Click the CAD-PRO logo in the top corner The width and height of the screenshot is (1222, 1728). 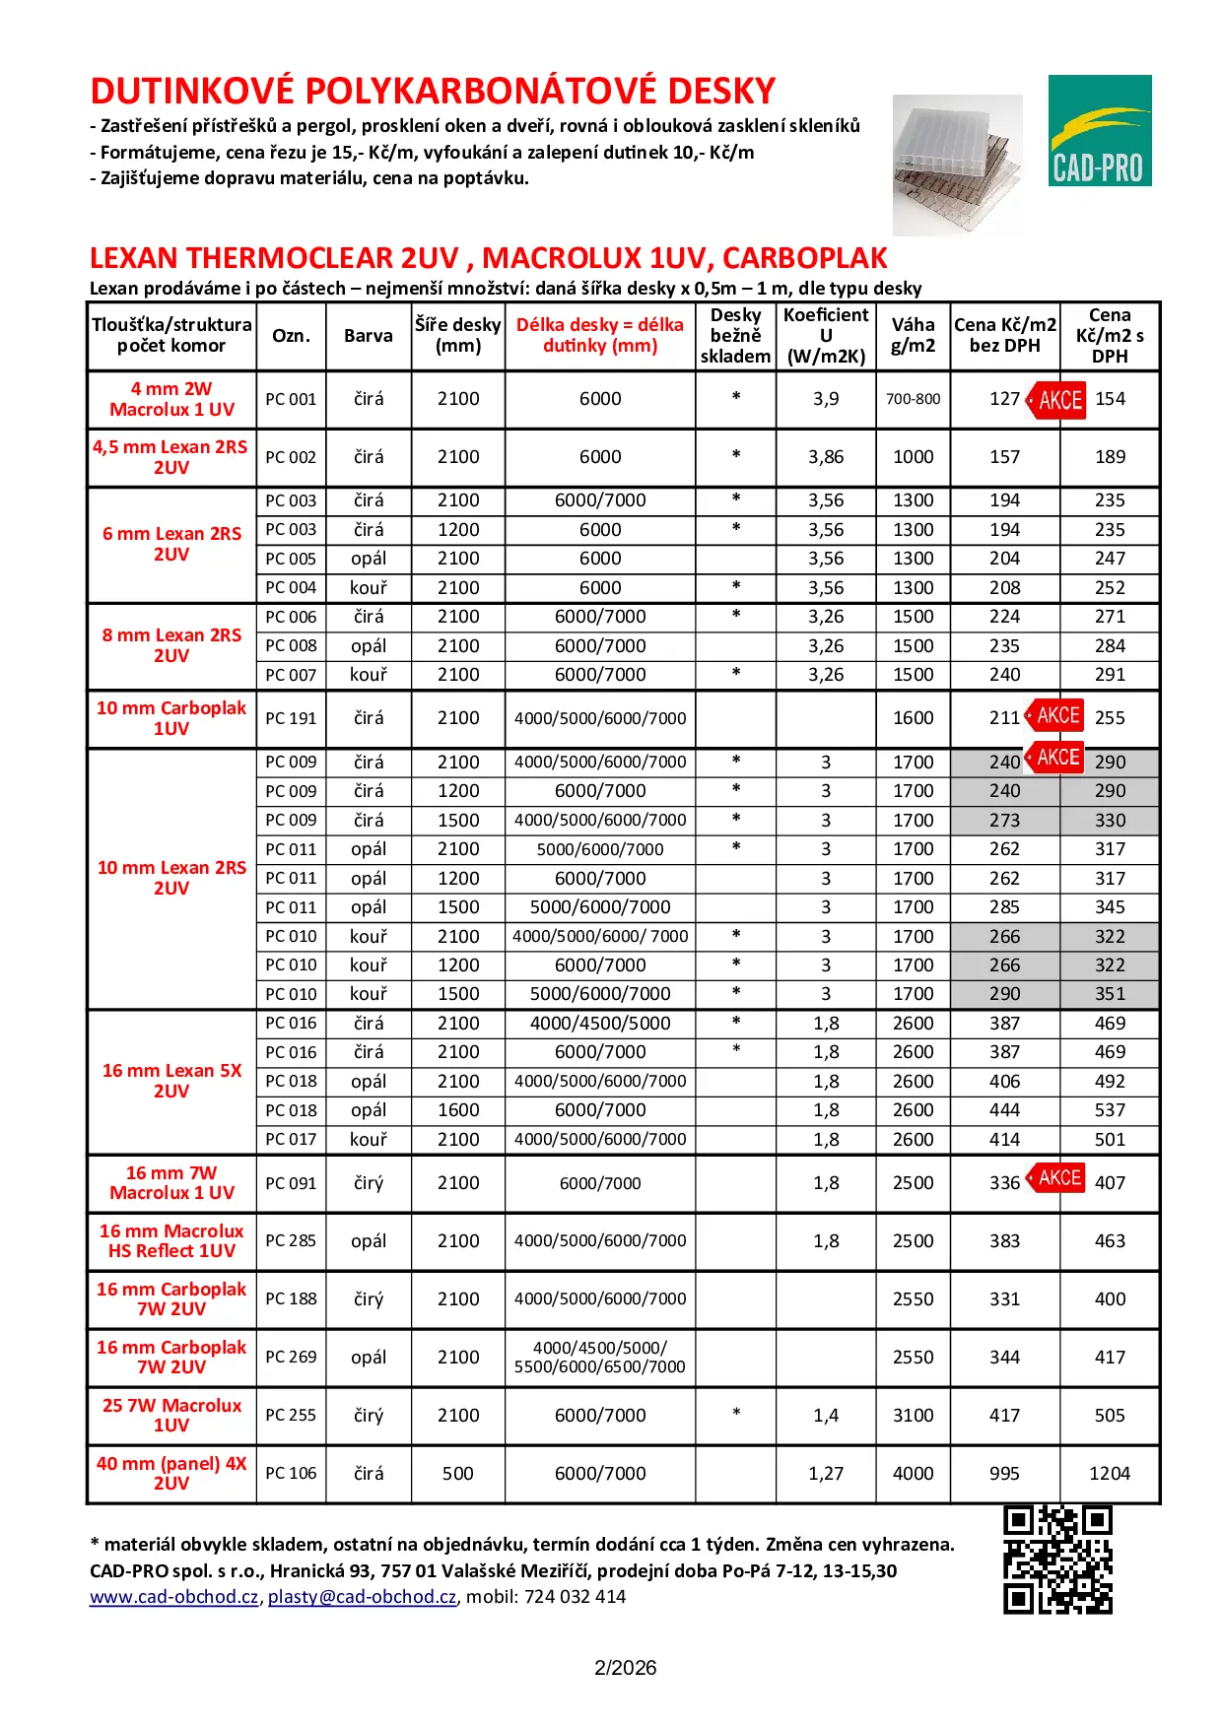[x=1099, y=130]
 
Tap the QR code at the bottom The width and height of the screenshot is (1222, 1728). [x=1057, y=1560]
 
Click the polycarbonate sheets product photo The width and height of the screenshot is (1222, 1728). [x=957, y=164]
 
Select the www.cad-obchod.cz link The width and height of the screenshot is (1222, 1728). [x=174, y=1597]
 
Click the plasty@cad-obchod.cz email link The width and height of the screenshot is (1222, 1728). [x=362, y=1597]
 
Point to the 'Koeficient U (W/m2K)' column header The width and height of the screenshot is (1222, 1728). [x=826, y=336]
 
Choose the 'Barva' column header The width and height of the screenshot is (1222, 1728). [x=369, y=336]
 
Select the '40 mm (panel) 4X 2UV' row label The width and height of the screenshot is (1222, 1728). [x=171, y=1473]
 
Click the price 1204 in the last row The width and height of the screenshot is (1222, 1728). [x=1110, y=1474]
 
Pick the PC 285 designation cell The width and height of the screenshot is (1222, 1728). [x=291, y=1241]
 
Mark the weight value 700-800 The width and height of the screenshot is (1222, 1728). [x=914, y=399]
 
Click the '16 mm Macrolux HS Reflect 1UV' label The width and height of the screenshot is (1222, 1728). [x=171, y=1241]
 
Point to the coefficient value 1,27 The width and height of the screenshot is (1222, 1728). [x=826, y=1474]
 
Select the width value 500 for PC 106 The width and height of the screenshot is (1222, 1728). [x=458, y=1474]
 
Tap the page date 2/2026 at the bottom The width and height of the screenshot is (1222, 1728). [x=625, y=1668]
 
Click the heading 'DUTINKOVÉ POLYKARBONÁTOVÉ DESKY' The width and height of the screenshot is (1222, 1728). [x=433, y=92]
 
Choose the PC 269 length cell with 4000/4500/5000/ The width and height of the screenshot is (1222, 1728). [x=600, y=1358]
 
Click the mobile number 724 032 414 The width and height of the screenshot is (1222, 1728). [x=575, y=1597]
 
